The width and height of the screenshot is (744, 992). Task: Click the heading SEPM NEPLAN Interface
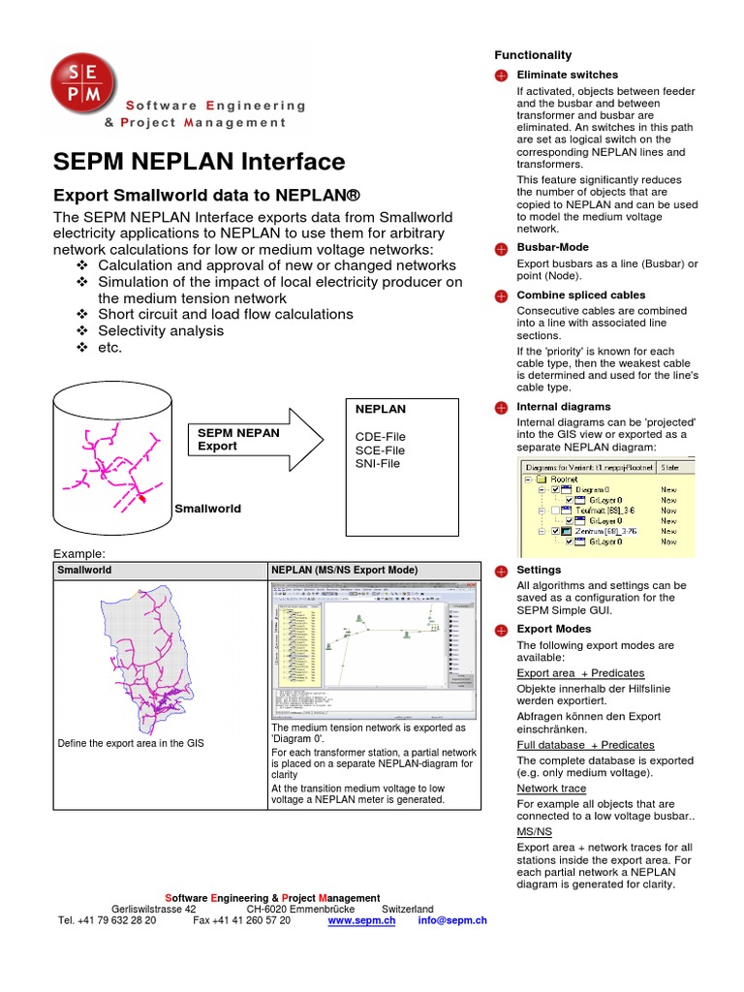coord(199,162)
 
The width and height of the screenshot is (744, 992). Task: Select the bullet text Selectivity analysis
coord(161,330)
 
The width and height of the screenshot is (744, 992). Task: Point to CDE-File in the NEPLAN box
coord(381,437)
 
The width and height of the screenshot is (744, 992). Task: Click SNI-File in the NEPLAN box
coord(378,463)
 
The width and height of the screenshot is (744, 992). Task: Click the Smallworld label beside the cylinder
coord(207,508)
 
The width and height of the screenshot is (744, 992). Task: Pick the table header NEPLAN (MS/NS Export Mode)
coord(345,571)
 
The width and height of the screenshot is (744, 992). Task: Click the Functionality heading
coord(533,55)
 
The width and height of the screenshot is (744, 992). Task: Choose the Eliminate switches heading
coord(567,75)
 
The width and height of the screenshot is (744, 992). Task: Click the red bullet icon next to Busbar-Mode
coord(501,249)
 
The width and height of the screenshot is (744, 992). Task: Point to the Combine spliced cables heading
coord(581,294)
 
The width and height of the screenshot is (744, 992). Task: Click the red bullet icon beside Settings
coord(501,571)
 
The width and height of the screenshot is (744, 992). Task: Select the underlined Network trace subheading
coord(551,789)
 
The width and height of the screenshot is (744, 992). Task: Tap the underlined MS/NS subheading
coord(534,831)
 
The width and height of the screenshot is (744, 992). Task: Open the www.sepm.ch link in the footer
coord(362,920)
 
